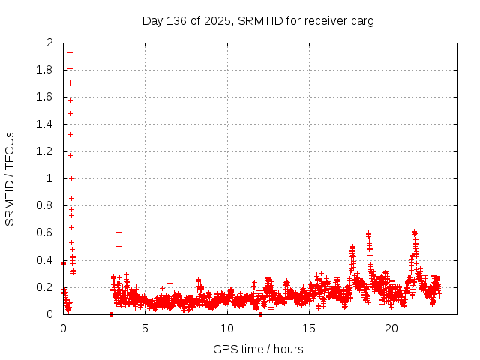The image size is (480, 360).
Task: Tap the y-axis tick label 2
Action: click(x=50, y=43)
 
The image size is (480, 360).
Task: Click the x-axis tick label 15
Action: click(x=309, y=328)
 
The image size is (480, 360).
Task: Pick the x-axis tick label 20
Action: click(x=391, y=328)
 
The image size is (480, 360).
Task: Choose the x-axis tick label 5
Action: click(x=145, y=328)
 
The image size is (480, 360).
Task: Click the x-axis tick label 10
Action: click(x=226, y=328)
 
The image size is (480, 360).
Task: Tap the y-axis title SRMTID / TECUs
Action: click(x=10, y=178)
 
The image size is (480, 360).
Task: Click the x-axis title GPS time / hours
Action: click(x=258, y=349)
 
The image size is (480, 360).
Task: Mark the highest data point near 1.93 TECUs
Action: click(x=70, y=52)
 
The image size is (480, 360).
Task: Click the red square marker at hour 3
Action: click(x=111, y=314)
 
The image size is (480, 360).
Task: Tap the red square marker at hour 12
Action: click(x=260, y=314)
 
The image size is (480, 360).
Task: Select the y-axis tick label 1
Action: click(x=50, y=178)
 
